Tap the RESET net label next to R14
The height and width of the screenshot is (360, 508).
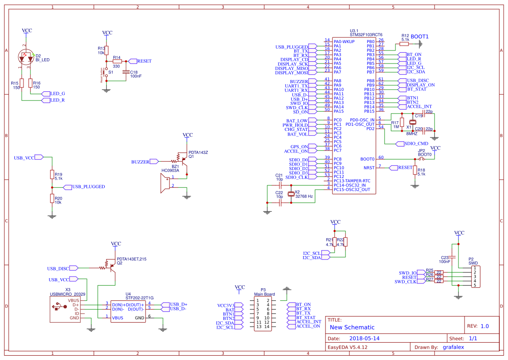point(143,61)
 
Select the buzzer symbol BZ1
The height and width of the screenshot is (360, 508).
point(166,182)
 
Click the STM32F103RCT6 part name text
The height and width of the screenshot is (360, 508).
point(366,34)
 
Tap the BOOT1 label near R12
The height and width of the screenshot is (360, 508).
point(419,37)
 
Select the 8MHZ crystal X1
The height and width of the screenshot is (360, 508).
point(413,122)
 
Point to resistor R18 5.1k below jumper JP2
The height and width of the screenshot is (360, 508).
point(415,170)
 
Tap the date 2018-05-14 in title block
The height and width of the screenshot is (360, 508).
point(365,338)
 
